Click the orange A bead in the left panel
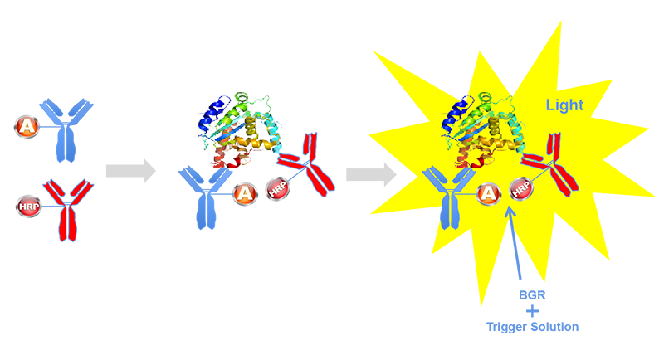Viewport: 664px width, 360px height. pyautogui.click(x=26, y=126)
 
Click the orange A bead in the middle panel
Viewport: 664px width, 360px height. pyautogui.click(x=244, y=193)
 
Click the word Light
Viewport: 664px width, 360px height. pyautogui.click(x=564, y=105)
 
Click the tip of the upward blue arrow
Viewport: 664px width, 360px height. pyautogui.click(x=510, y=212)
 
